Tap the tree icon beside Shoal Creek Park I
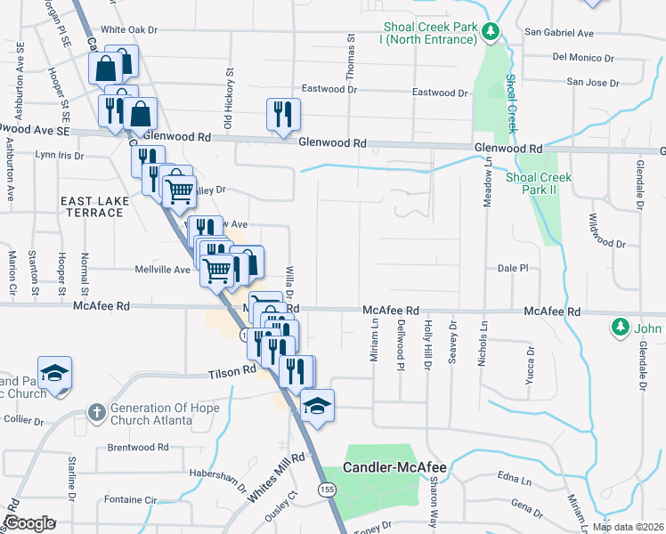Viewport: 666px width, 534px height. [489, 33]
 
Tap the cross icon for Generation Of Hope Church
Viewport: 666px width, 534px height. [96, 412]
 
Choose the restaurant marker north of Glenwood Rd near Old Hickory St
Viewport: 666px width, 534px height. [283, 114]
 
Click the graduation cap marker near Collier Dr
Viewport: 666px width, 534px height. [54, 373]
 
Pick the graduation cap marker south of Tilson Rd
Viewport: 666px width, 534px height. [316, 406]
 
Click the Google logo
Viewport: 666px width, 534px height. [29, 523]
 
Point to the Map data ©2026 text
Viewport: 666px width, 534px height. [629, 527]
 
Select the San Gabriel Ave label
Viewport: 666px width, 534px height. [559, 33]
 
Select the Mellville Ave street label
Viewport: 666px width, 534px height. [163, 269]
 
